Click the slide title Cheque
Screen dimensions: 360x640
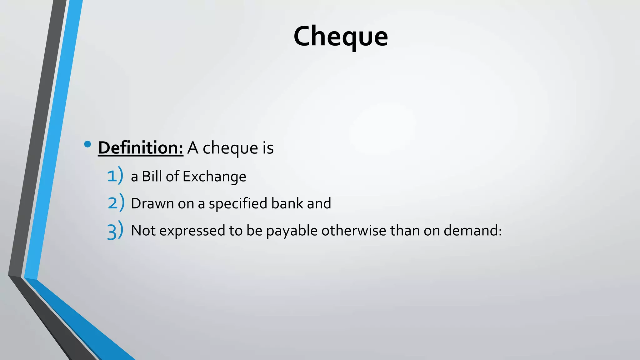[x=341, y=37]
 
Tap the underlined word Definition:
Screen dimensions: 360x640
[x=141, y=148]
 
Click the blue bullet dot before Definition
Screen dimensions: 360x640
[x=87, y=144]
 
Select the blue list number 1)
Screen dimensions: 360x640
[x=115, y=176]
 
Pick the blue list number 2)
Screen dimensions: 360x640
[x=116, y=203]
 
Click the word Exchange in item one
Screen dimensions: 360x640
[x=214, y=177]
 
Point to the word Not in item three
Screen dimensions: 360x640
[x=143, y=231]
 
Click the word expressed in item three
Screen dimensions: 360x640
[x=192, y=231]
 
